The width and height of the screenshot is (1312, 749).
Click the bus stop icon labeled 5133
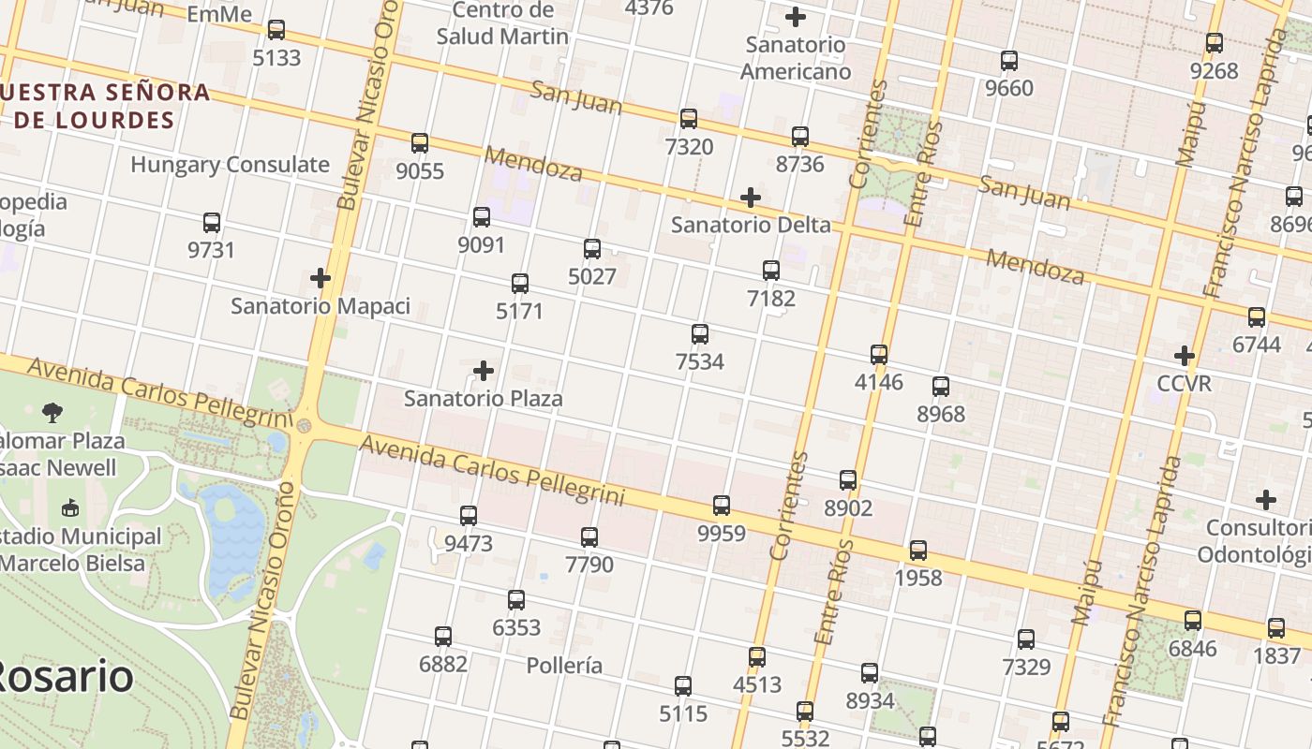tap(276, 30)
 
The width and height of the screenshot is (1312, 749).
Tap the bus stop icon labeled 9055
tap(420, 143)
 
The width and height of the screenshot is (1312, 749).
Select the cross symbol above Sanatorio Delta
tap(750, 198)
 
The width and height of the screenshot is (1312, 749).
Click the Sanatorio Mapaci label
tap(321, 306)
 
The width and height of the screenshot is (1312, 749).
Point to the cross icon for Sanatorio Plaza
tap(484, 371)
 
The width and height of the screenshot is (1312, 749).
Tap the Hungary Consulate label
tap(230, 165)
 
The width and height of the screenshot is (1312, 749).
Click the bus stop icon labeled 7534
tap(699, 334)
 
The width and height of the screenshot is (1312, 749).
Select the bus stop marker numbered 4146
tap(879, 355)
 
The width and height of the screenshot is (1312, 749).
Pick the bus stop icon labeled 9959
tap(722, 506)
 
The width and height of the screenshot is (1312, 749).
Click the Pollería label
tap(564, 666)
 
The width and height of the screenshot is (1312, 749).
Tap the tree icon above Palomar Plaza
tap(52, 412)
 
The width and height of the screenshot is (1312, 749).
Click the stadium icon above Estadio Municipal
tap(69, 508)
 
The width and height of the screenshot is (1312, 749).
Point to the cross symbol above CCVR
tap(1185, 356)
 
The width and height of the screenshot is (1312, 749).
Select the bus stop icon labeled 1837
tap(1276, 628)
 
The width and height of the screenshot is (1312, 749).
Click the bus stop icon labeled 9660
tap(1009, 61)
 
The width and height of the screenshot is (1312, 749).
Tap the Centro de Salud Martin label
tap(502, 23)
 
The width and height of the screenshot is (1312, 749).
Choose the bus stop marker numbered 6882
tap(443, 637)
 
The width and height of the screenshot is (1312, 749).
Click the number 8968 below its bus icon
tap(941, 414)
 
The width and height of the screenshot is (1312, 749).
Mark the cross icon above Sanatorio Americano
tap(796, 17)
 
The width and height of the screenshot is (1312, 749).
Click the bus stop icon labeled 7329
tap(1026, 639)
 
